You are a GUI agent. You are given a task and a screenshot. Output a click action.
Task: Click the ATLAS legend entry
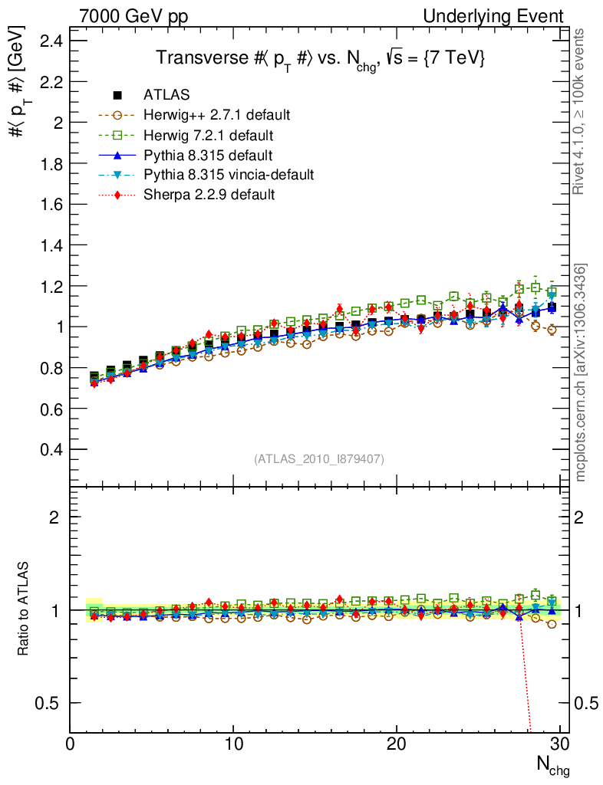pos(166,95)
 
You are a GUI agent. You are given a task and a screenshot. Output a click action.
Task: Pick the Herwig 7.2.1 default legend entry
pos(208,135)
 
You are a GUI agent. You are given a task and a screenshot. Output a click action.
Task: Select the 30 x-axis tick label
pos(560,744)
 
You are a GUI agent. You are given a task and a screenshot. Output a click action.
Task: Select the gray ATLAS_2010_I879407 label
pos(319,458)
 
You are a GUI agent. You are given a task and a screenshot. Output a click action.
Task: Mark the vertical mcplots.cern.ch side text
pos(581,372)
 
